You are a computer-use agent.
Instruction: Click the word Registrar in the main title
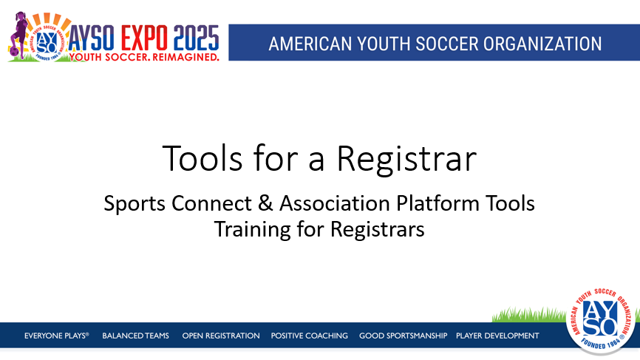(406, 159)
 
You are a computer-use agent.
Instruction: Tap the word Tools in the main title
(202, 158)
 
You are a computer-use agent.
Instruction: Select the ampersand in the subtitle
(265, 203)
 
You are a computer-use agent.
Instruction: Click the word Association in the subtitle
(335, 203)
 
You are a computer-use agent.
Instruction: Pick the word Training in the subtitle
(252, 229)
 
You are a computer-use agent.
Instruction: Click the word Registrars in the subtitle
(378, 229)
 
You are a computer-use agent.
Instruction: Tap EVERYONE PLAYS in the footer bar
(56, 336)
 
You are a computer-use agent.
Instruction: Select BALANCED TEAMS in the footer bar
(135, 336)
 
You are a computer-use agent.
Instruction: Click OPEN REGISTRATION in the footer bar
(221, 336)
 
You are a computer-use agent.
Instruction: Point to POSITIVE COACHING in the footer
(310, 336)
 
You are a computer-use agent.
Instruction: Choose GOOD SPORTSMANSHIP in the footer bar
(404, 336)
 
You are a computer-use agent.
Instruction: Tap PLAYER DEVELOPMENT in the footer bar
(497, 336)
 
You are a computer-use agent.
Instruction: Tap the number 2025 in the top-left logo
(196, 38)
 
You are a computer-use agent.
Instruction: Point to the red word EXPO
(144, 38)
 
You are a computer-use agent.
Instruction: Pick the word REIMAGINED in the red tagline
(185, 57)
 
